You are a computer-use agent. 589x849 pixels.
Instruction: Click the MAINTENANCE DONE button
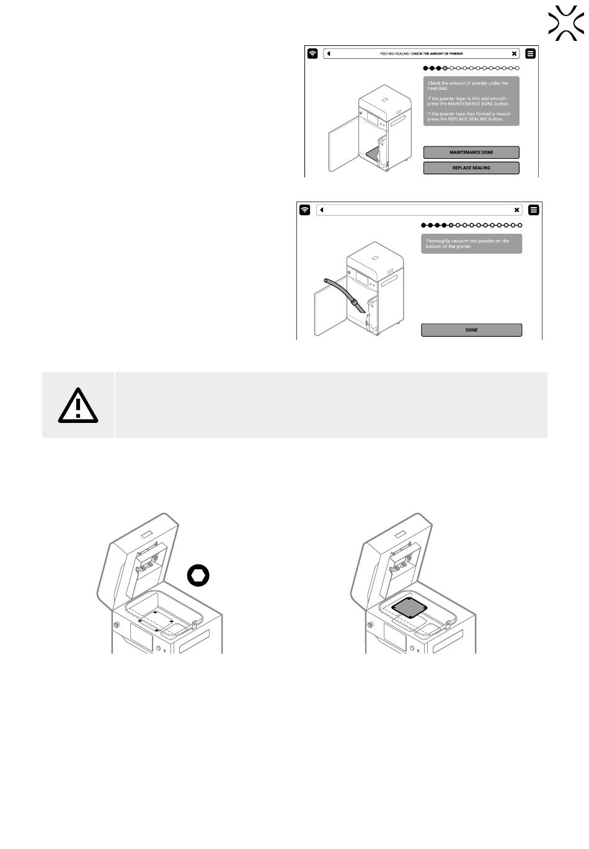(471, 153)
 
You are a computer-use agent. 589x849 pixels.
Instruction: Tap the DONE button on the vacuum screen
(471, 330)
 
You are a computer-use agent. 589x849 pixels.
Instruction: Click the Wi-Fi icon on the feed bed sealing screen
(313, 54)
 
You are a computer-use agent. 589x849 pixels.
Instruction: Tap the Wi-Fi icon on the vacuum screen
(305, 210)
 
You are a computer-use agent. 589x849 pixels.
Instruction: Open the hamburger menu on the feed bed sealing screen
(530, 54)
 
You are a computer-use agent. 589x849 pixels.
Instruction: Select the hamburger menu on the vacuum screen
(534, 210)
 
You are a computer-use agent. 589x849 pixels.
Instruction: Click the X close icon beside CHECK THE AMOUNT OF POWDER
(515, 54)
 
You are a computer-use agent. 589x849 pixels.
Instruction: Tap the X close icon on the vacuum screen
(516, 210)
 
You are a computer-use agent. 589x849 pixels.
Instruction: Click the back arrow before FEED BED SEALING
(329, 54)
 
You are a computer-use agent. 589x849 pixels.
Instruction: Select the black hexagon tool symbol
(198, 576)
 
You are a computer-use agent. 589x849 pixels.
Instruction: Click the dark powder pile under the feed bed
(371, 153)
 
